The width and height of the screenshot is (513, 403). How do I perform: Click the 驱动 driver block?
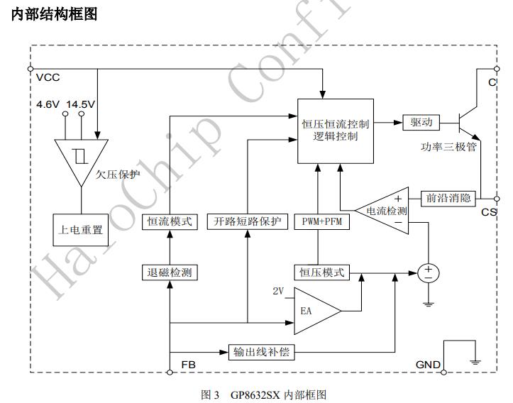421,122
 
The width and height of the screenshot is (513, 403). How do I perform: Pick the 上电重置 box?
80,230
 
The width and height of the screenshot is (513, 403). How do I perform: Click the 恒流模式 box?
170,221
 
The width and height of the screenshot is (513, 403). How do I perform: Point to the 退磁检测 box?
170,272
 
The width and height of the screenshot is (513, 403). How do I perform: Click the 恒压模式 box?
321,272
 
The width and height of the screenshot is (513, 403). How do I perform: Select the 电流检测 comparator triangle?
384,210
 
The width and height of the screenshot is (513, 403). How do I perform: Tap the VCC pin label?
48,77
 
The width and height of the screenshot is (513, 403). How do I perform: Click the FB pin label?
189,365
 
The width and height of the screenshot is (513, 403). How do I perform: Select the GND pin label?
428,365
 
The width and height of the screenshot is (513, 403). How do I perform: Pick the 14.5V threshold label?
81,104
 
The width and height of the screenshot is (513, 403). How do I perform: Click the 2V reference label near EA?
279,292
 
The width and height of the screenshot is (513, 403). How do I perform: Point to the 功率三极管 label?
449,148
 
